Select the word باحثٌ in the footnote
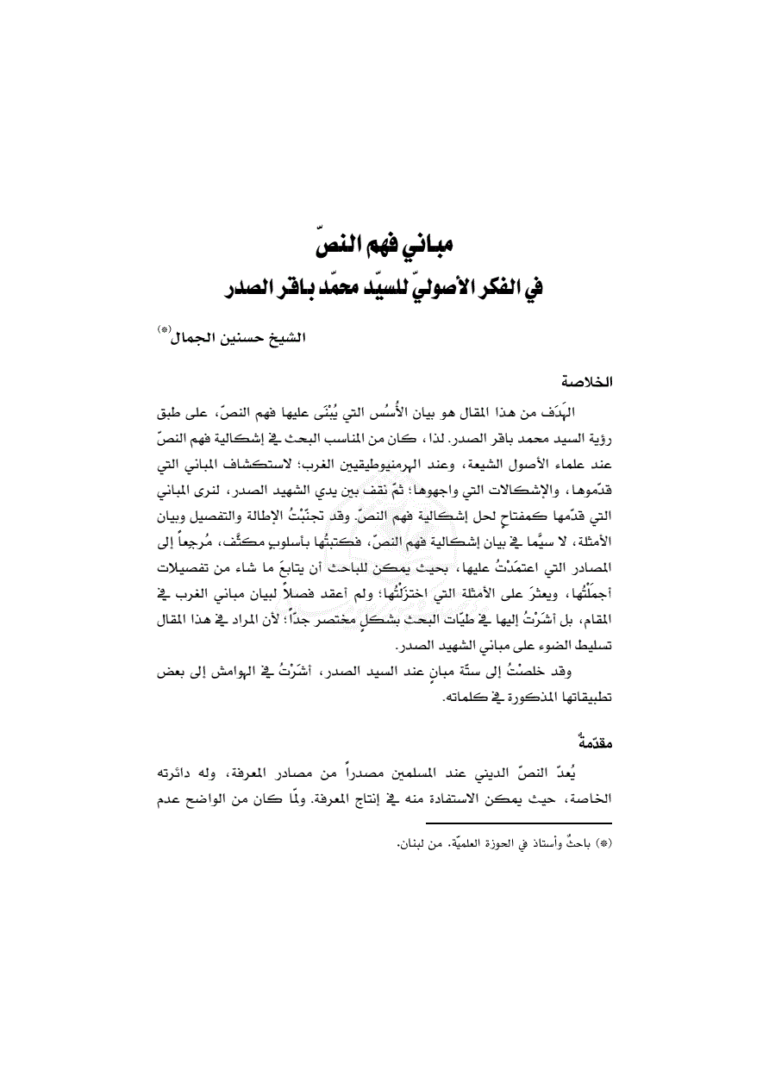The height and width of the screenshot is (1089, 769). [x=577, y=842]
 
